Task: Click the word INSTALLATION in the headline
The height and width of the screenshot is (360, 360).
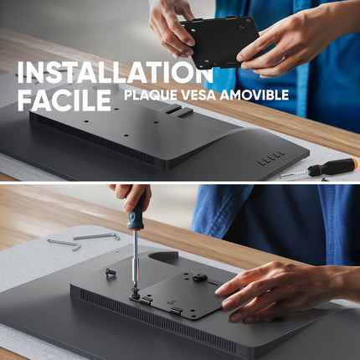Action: pyautogui.click(x=116, y=72)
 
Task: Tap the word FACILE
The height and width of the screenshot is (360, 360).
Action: pyautogui.click(x=64, y=100)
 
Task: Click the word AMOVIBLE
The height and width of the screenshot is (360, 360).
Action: pyautogui.click(x=255, y=95)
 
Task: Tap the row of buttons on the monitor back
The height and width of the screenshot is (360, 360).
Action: pyautogui.click(x=271, y=157)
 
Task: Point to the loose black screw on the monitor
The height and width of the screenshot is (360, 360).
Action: pyautogui.click(x=111, y=271)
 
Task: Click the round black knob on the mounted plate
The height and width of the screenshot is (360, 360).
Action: pyautogui.click(x=200, y=277)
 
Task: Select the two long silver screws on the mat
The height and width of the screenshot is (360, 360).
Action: pyautogui.click(x=83, y=240)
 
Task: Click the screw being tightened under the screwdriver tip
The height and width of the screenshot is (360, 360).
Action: pyautogui.click(x=136, y=294)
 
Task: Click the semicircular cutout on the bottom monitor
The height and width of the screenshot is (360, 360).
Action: pyautogui.click(x=163, y=256)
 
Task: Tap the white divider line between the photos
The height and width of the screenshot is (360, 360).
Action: pyautogui.click(x=180, y=183)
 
